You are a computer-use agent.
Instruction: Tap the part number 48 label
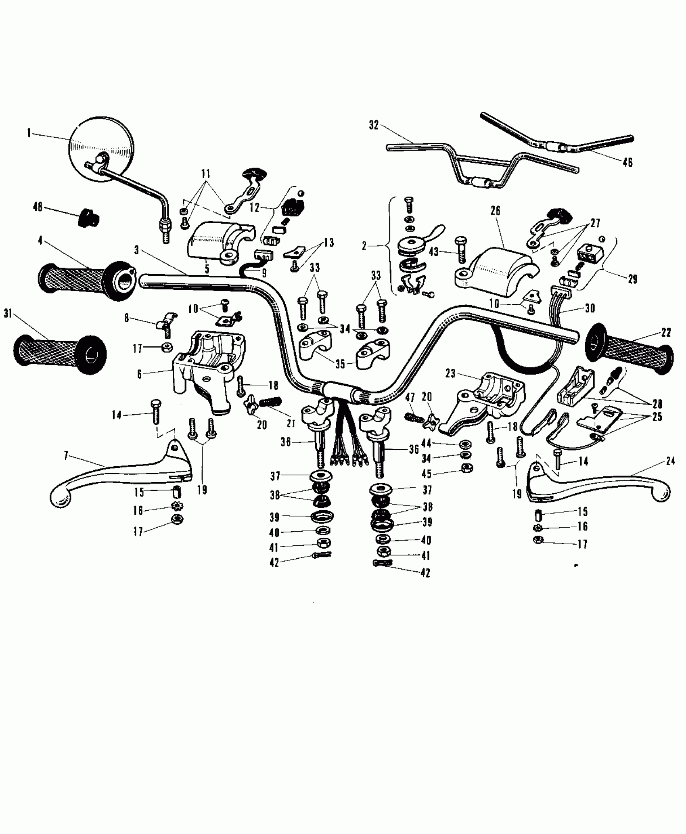click(x=38, y=207)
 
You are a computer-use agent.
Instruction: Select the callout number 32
click(x=374, y=126)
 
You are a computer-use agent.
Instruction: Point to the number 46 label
click(x=627, y=163)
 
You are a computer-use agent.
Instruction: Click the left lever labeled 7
click(x=121, y=476)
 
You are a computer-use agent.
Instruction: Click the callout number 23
click(x=450, y=374)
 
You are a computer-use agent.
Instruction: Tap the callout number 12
click(x=255, y=207)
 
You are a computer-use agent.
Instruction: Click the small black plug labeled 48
click(x=88, y=218)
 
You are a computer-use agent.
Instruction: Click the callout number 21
click(x=291, y=423)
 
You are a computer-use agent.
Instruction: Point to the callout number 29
click(x=632, y=279)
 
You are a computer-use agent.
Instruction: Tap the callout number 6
click(x=139, y=374)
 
